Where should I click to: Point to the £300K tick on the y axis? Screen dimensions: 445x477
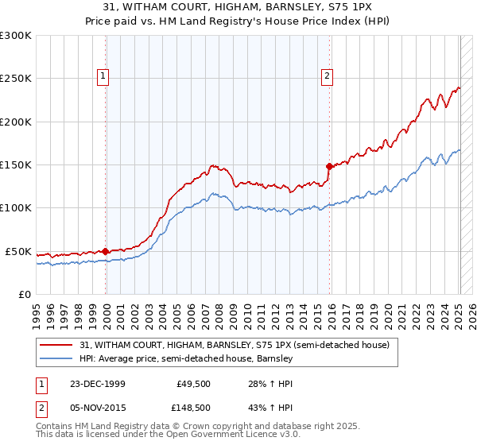click(16, 36)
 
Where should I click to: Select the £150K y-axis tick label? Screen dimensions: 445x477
click(16, 165)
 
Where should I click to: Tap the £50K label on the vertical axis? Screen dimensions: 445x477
click(18, 251)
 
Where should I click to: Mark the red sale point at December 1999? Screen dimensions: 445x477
click(106, 251)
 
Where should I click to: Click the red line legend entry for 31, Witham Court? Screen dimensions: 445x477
click(235, 345)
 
